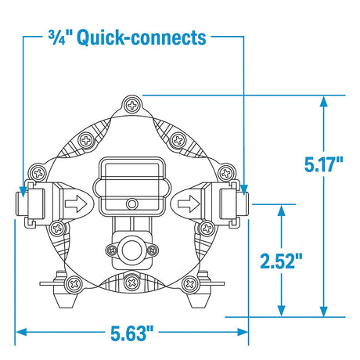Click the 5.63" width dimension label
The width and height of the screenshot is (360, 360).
tap(132, 333)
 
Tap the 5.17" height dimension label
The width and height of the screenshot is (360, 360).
tap(324, 164)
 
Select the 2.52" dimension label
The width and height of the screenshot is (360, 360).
tap(281, 261)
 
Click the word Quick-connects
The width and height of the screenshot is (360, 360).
tap(142, 38)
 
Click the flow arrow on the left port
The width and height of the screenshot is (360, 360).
tap(76, 203)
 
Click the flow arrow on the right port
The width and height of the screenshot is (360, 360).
tap(189, 203)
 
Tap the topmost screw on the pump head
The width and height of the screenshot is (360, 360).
tap(132, 106)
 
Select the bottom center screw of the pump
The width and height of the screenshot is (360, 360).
tap(132, 283)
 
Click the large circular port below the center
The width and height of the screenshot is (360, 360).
tap(132, 250)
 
